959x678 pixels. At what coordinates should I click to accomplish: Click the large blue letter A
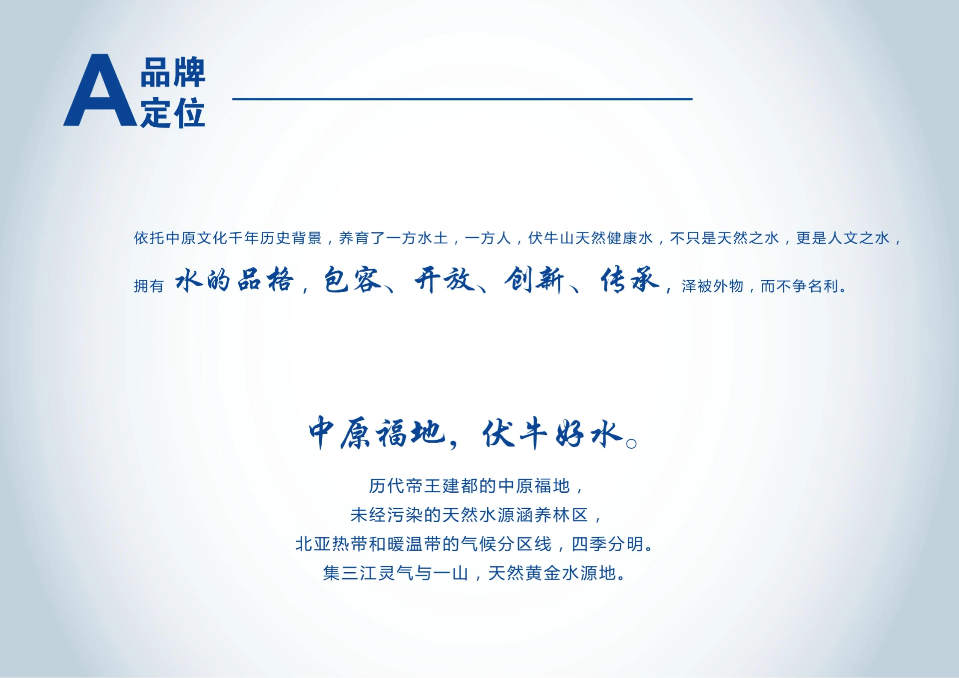click(100, 92)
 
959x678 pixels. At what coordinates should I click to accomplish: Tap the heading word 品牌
click(172, 72)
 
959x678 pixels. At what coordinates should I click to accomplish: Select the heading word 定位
click(172, 113)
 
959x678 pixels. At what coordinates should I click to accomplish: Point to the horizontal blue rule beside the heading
click(462, 99)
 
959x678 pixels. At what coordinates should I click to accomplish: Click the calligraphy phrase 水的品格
click(234, 280)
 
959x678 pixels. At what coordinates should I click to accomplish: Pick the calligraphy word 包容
click(353, 280)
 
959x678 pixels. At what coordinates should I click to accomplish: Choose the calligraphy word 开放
click(444, 280)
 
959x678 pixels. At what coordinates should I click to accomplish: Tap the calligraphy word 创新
click(534, 280)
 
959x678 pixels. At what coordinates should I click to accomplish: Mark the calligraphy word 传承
click(630, 280)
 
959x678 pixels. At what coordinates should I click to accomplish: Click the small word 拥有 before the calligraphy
click(149, 286)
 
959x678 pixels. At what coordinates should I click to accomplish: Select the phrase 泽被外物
click(712, 286)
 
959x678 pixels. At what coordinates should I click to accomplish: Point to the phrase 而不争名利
click(799, 286)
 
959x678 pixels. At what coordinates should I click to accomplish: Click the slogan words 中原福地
click(376, 433)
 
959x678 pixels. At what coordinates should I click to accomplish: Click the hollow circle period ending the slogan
click(631, 443)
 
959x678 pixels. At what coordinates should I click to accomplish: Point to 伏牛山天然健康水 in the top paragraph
click(590, 238)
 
